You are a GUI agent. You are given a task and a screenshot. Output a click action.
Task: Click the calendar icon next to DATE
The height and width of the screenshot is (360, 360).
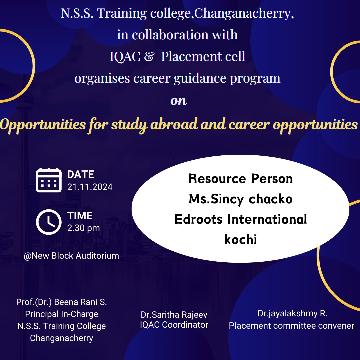(x=49, y=180)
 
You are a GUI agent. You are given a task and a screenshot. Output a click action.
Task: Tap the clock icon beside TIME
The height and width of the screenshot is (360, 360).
(x=49, y=222)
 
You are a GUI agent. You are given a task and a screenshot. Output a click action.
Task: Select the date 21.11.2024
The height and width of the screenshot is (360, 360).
(x=90, y=187)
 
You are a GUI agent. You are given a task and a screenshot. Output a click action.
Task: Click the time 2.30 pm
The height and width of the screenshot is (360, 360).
(x=84, y=228)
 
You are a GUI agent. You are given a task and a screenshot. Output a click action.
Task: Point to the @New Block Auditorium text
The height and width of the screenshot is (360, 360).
(x=71, y=256)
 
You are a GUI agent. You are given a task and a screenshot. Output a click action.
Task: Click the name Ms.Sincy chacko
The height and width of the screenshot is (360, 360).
(x=241, y=199)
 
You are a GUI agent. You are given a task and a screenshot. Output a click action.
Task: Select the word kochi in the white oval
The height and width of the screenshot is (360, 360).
(x=240, y=239)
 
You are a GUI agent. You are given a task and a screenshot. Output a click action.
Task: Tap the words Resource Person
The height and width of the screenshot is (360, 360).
(x=241, y=179)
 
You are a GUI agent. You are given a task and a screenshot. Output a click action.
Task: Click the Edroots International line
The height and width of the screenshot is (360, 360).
(x=241, y=219)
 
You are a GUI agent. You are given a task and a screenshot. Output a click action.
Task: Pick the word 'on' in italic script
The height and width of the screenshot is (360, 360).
(x=179, y=101)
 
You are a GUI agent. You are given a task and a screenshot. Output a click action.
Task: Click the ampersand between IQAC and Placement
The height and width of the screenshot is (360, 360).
(x=149, y=56)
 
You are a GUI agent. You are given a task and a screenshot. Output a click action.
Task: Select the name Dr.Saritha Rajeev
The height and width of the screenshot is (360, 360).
(x=174, y=315)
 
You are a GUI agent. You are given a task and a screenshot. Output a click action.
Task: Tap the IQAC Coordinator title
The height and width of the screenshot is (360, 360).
(x=174, y=325)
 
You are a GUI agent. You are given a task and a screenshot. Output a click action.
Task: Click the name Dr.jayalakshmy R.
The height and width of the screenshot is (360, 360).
(x=293, y=314)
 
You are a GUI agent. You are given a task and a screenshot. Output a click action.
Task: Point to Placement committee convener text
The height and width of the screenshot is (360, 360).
(x=292, y=326)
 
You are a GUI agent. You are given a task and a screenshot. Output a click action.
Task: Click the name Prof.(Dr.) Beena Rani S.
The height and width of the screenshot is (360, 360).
(x=62, y=302)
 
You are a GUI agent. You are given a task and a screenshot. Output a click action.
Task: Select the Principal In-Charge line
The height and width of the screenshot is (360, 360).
(x=62, y=314)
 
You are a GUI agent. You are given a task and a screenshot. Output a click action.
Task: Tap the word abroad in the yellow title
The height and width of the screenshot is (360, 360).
(x=174, y=124)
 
